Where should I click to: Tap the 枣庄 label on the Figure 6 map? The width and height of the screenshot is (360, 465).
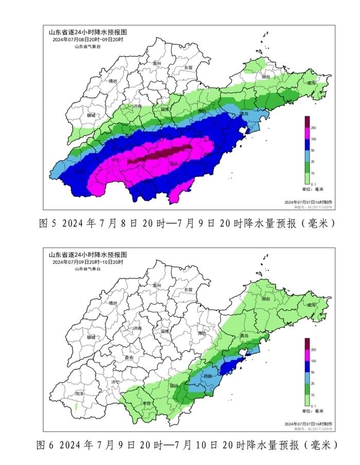coord(148,404)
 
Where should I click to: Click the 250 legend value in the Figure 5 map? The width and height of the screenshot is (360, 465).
coord(313,128)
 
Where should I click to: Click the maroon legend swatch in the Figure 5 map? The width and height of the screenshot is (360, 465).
coord(307,122)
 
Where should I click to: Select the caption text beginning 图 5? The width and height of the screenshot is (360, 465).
coord(187,223)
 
